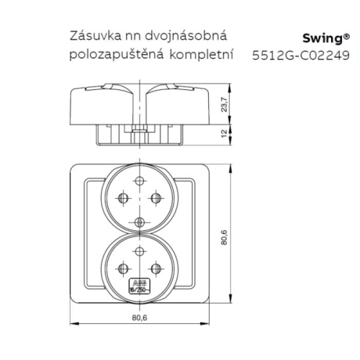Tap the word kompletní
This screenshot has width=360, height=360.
pos(207,55)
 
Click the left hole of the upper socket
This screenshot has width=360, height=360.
pos(121,197)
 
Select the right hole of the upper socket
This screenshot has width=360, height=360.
pos(153,197)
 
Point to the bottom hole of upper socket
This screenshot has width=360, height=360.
pos(138,221)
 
